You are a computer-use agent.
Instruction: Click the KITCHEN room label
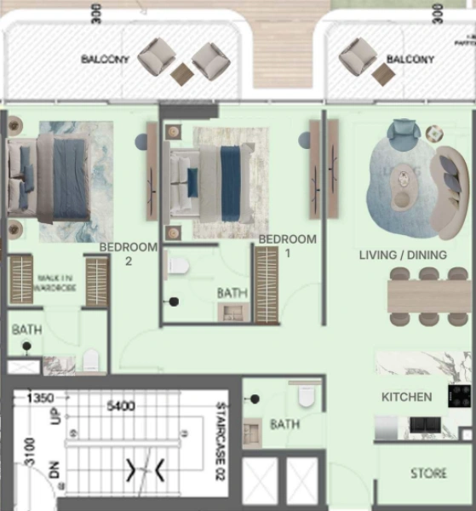click(x=406, y=397)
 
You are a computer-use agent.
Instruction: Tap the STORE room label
click(x=428, y=474)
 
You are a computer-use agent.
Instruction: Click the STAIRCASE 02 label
click(x=221, y=429)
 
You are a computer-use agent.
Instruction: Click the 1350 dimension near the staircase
click(x=42, y=398)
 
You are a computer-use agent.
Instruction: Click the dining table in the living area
click(x=428, y=296)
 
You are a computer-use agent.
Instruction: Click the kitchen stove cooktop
click(x=460, y=396)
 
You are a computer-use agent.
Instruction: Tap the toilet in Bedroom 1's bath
click(x=178, y=266)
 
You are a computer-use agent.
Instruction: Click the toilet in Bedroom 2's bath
click(x=91, y=360)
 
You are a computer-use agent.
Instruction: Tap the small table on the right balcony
click(x=383, y=75)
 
